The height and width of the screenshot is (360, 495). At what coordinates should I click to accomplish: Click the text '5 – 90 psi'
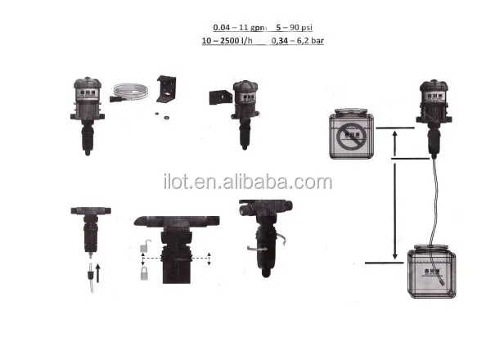pyautogui.click(x=294, y=28)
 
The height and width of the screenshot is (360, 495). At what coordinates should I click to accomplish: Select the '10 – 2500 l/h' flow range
pyautogui.click(x=227, y=41)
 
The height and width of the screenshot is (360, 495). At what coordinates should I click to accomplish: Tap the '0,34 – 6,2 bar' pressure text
pyautogui.click(x=297, y=41)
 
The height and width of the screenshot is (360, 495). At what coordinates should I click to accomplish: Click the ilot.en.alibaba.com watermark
pyautogui.click(x=248, y=182)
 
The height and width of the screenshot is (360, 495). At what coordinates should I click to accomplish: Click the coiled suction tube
pyautogui.click(x=130, y=92)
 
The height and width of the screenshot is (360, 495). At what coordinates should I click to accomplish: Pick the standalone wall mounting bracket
pyautogui.click(x=166, y=88)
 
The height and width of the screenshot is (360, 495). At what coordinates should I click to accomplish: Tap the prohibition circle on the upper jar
pyautogui.click(x=351, y=137)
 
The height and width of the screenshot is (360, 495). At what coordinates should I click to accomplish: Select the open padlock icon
pyautogui.click(x=145, y=245)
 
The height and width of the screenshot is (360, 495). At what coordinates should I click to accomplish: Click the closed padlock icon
pyautogui.click(x=144, y=273)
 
